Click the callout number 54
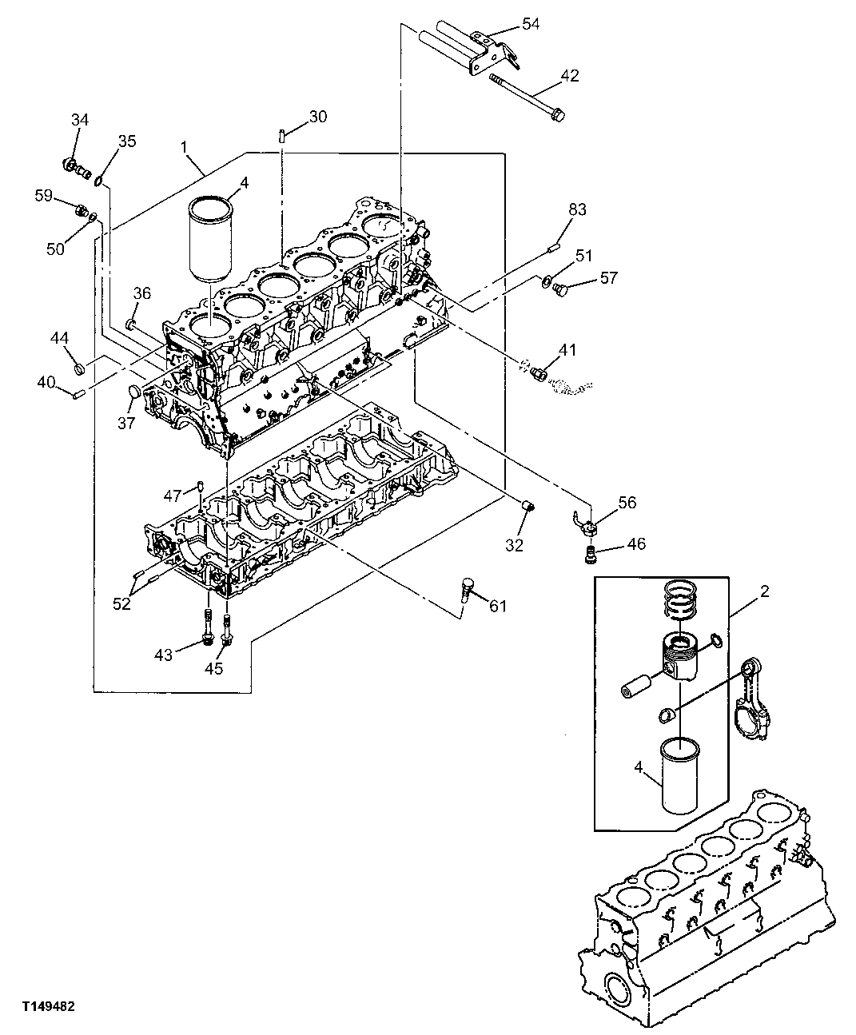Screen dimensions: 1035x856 coord(532,24)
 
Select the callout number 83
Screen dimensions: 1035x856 coord(577,209)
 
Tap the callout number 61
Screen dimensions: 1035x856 coord(498,607)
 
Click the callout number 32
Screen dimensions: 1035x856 coord(514,546)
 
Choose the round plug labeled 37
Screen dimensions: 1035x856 coord(137,393)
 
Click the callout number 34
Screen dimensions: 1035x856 coord(80,120)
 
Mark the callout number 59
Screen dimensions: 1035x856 coord(42,194)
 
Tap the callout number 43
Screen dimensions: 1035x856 coord(163,655)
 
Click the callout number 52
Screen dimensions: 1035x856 coord(121,604)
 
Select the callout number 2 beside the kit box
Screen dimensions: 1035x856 coord(764,591)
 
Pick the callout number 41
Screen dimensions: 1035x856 coord(567,349)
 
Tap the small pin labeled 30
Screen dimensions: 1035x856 coord(283,135)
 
